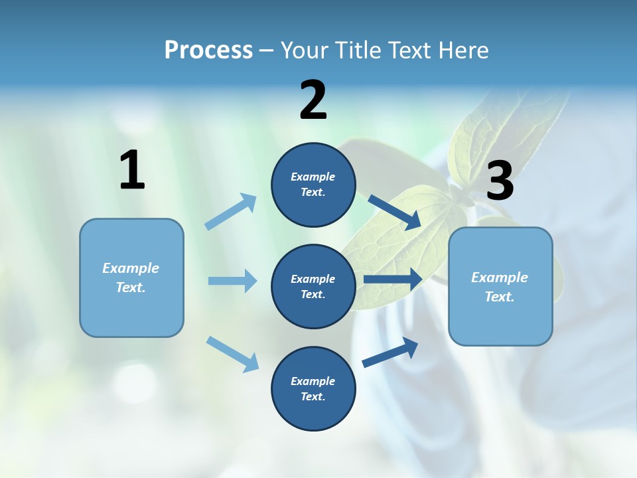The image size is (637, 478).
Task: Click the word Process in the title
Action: (x=208, y=50)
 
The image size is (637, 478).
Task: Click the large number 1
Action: (x=132, y=171)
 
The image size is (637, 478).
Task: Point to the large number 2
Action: (x=313, y=101)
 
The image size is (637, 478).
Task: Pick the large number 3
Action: (x=500, y=182)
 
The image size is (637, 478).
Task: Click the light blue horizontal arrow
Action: (x=232, y=281)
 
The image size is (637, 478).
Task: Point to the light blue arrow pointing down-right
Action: (x=233, y=354)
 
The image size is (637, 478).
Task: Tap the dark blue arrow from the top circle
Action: (x=394, y=212)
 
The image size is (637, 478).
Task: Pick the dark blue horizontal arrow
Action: (x=392, y=279)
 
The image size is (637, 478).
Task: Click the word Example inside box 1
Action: (x=131, y=268)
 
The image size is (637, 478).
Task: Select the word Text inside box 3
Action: (x=498, y=297)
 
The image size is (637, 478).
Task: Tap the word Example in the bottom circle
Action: (x=313, y=381)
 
